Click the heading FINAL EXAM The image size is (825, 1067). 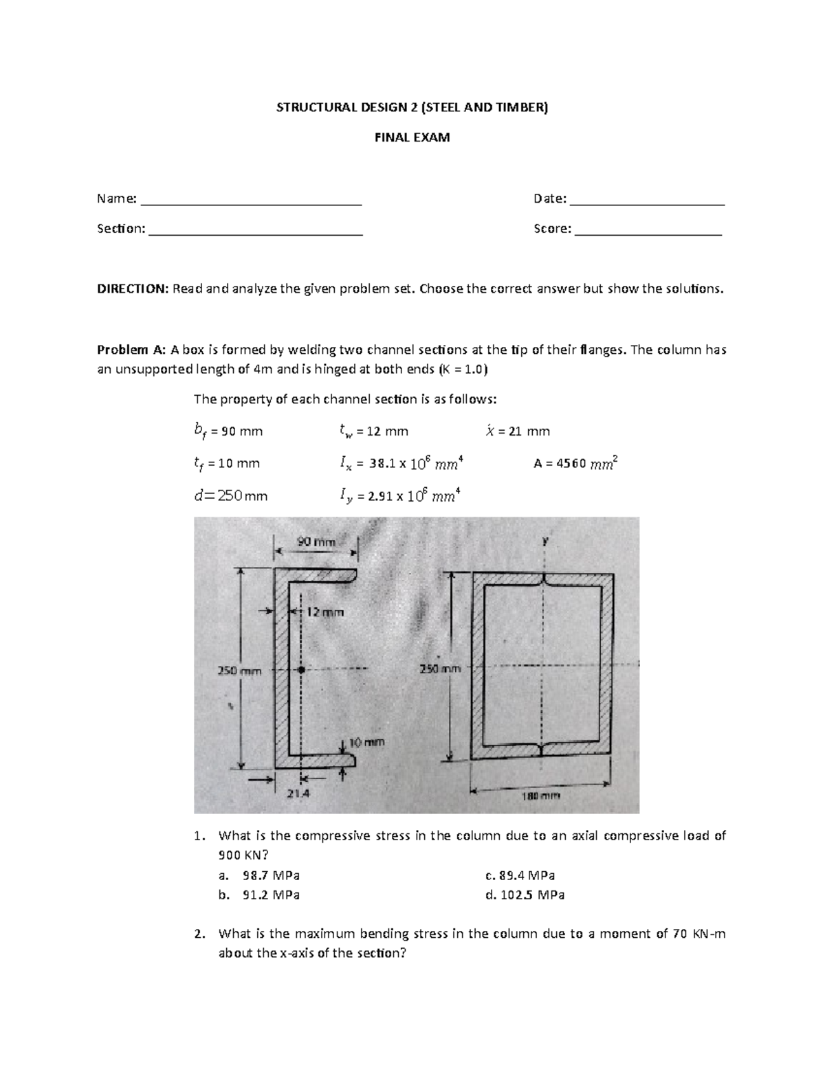click(412, 137)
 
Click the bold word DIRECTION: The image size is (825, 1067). click(132, 289)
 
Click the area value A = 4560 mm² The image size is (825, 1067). click(575, 463)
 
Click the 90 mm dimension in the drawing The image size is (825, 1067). click(316, 542)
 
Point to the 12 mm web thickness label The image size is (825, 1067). click(324, 611)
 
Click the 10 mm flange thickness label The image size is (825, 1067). click(366, 742)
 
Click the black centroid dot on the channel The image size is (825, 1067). click(301, 669)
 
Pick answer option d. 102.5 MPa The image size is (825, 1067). click(525, 895)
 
